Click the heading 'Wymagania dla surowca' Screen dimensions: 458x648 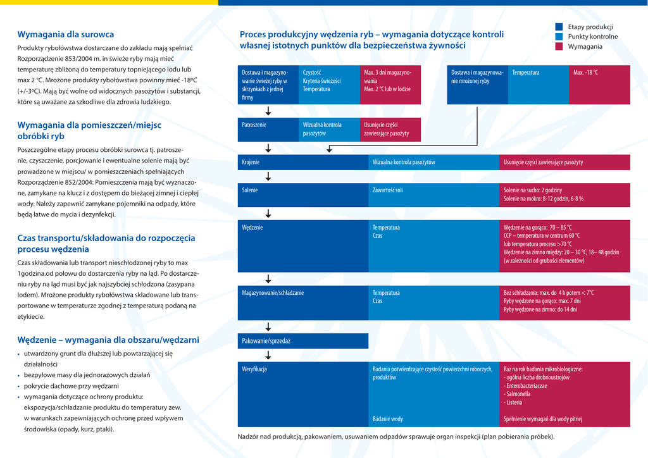66,34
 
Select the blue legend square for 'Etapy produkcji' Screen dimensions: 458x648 559,27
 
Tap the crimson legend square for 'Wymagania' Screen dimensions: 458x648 559,46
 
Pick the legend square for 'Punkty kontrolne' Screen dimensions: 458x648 559,37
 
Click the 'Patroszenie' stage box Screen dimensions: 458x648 268,129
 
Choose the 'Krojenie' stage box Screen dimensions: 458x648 303,162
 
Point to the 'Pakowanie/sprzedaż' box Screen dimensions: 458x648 303,341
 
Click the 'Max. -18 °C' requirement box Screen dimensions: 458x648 599,85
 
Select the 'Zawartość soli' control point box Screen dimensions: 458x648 433,194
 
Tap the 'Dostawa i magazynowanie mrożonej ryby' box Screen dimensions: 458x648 478,85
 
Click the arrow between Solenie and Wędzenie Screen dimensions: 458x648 268,213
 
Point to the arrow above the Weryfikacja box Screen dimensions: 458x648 268,355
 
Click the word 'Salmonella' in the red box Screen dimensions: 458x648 518,393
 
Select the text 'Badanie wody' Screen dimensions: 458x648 388,419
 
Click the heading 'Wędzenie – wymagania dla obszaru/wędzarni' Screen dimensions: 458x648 108,340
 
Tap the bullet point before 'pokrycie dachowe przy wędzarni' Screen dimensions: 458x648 18,386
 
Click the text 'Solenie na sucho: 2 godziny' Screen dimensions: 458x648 533,190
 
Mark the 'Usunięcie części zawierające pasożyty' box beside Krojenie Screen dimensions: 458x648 564,162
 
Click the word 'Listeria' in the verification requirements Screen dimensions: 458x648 514,402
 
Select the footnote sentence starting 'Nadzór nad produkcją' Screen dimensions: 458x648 396,436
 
